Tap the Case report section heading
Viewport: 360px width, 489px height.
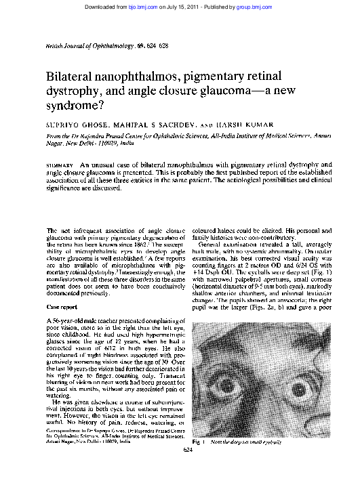pyautogui.click(x=58, y=307)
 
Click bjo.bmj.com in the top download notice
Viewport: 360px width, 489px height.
pyautogui.click(x=138, y=5)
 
